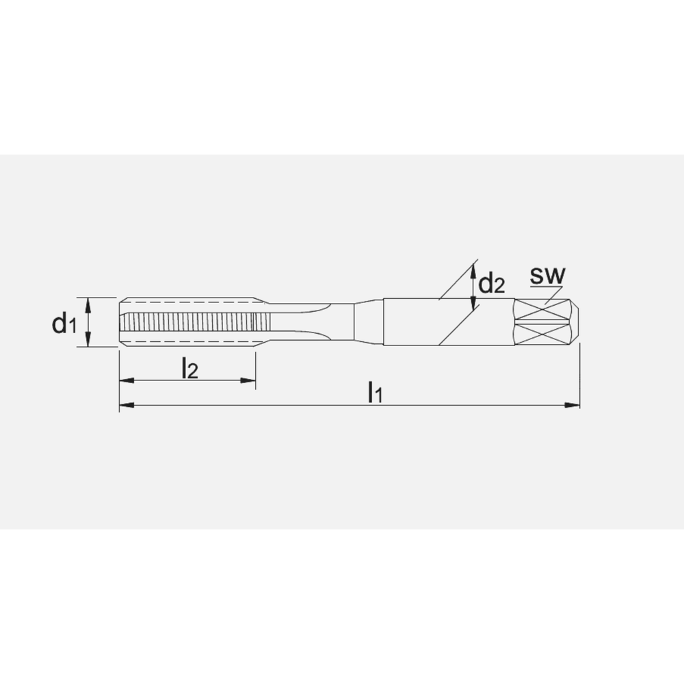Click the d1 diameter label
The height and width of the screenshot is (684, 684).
(x=64, y=323)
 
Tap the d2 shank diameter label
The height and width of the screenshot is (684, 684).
(x=491, y=282)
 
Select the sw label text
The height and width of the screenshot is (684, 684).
(x=547, y=276)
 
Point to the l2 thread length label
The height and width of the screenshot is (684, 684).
(x=189, y=369)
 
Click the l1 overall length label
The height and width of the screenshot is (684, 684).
(x=374, y=393)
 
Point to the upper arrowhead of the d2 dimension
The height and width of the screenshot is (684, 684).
(x=473, y=269)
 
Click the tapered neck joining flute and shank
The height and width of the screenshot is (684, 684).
(x=368, y=322)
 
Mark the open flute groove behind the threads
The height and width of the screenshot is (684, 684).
(x=301, y=322)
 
